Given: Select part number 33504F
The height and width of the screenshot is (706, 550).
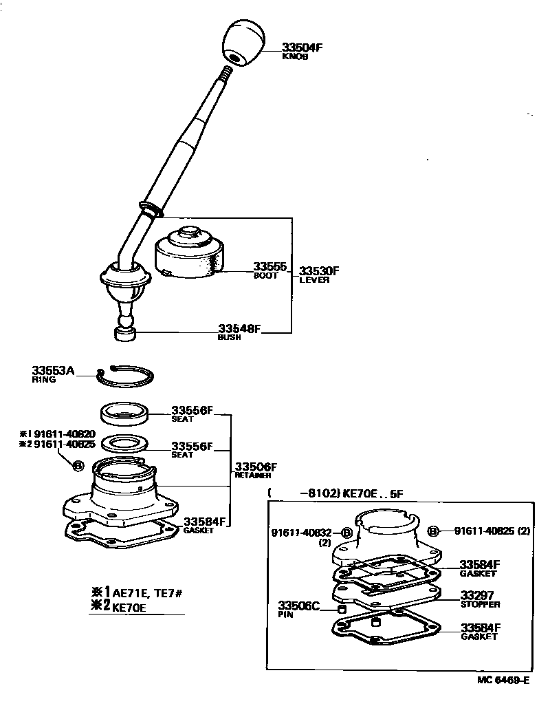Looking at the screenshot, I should coord(301,48).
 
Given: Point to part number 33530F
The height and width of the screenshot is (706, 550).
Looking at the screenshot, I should coord(319,271).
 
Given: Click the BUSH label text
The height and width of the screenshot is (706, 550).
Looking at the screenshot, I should coord(229,338).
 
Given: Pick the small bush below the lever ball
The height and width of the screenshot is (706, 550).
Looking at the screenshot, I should coord(124,334).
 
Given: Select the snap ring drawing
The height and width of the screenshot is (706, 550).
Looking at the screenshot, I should coord(125,375).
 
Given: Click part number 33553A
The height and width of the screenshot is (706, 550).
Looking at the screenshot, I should coord(53,370).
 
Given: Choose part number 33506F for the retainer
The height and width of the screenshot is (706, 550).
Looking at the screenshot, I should coord(256,467).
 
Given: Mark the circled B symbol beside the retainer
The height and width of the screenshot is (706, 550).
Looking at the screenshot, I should coord(78,466).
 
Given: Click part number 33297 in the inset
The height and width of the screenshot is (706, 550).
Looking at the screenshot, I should coord(477,595).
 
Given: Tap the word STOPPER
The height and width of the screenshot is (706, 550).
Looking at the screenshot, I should coord(480,605).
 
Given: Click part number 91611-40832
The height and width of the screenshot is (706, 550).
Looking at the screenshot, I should coord(301,533).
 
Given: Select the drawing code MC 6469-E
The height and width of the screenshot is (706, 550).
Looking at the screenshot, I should coord(503,681).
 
